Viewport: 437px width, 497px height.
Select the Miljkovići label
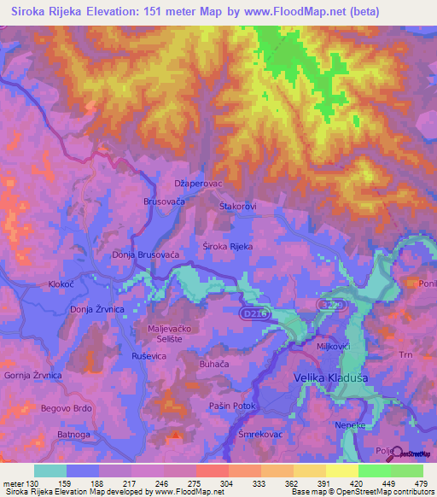(335, 347)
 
